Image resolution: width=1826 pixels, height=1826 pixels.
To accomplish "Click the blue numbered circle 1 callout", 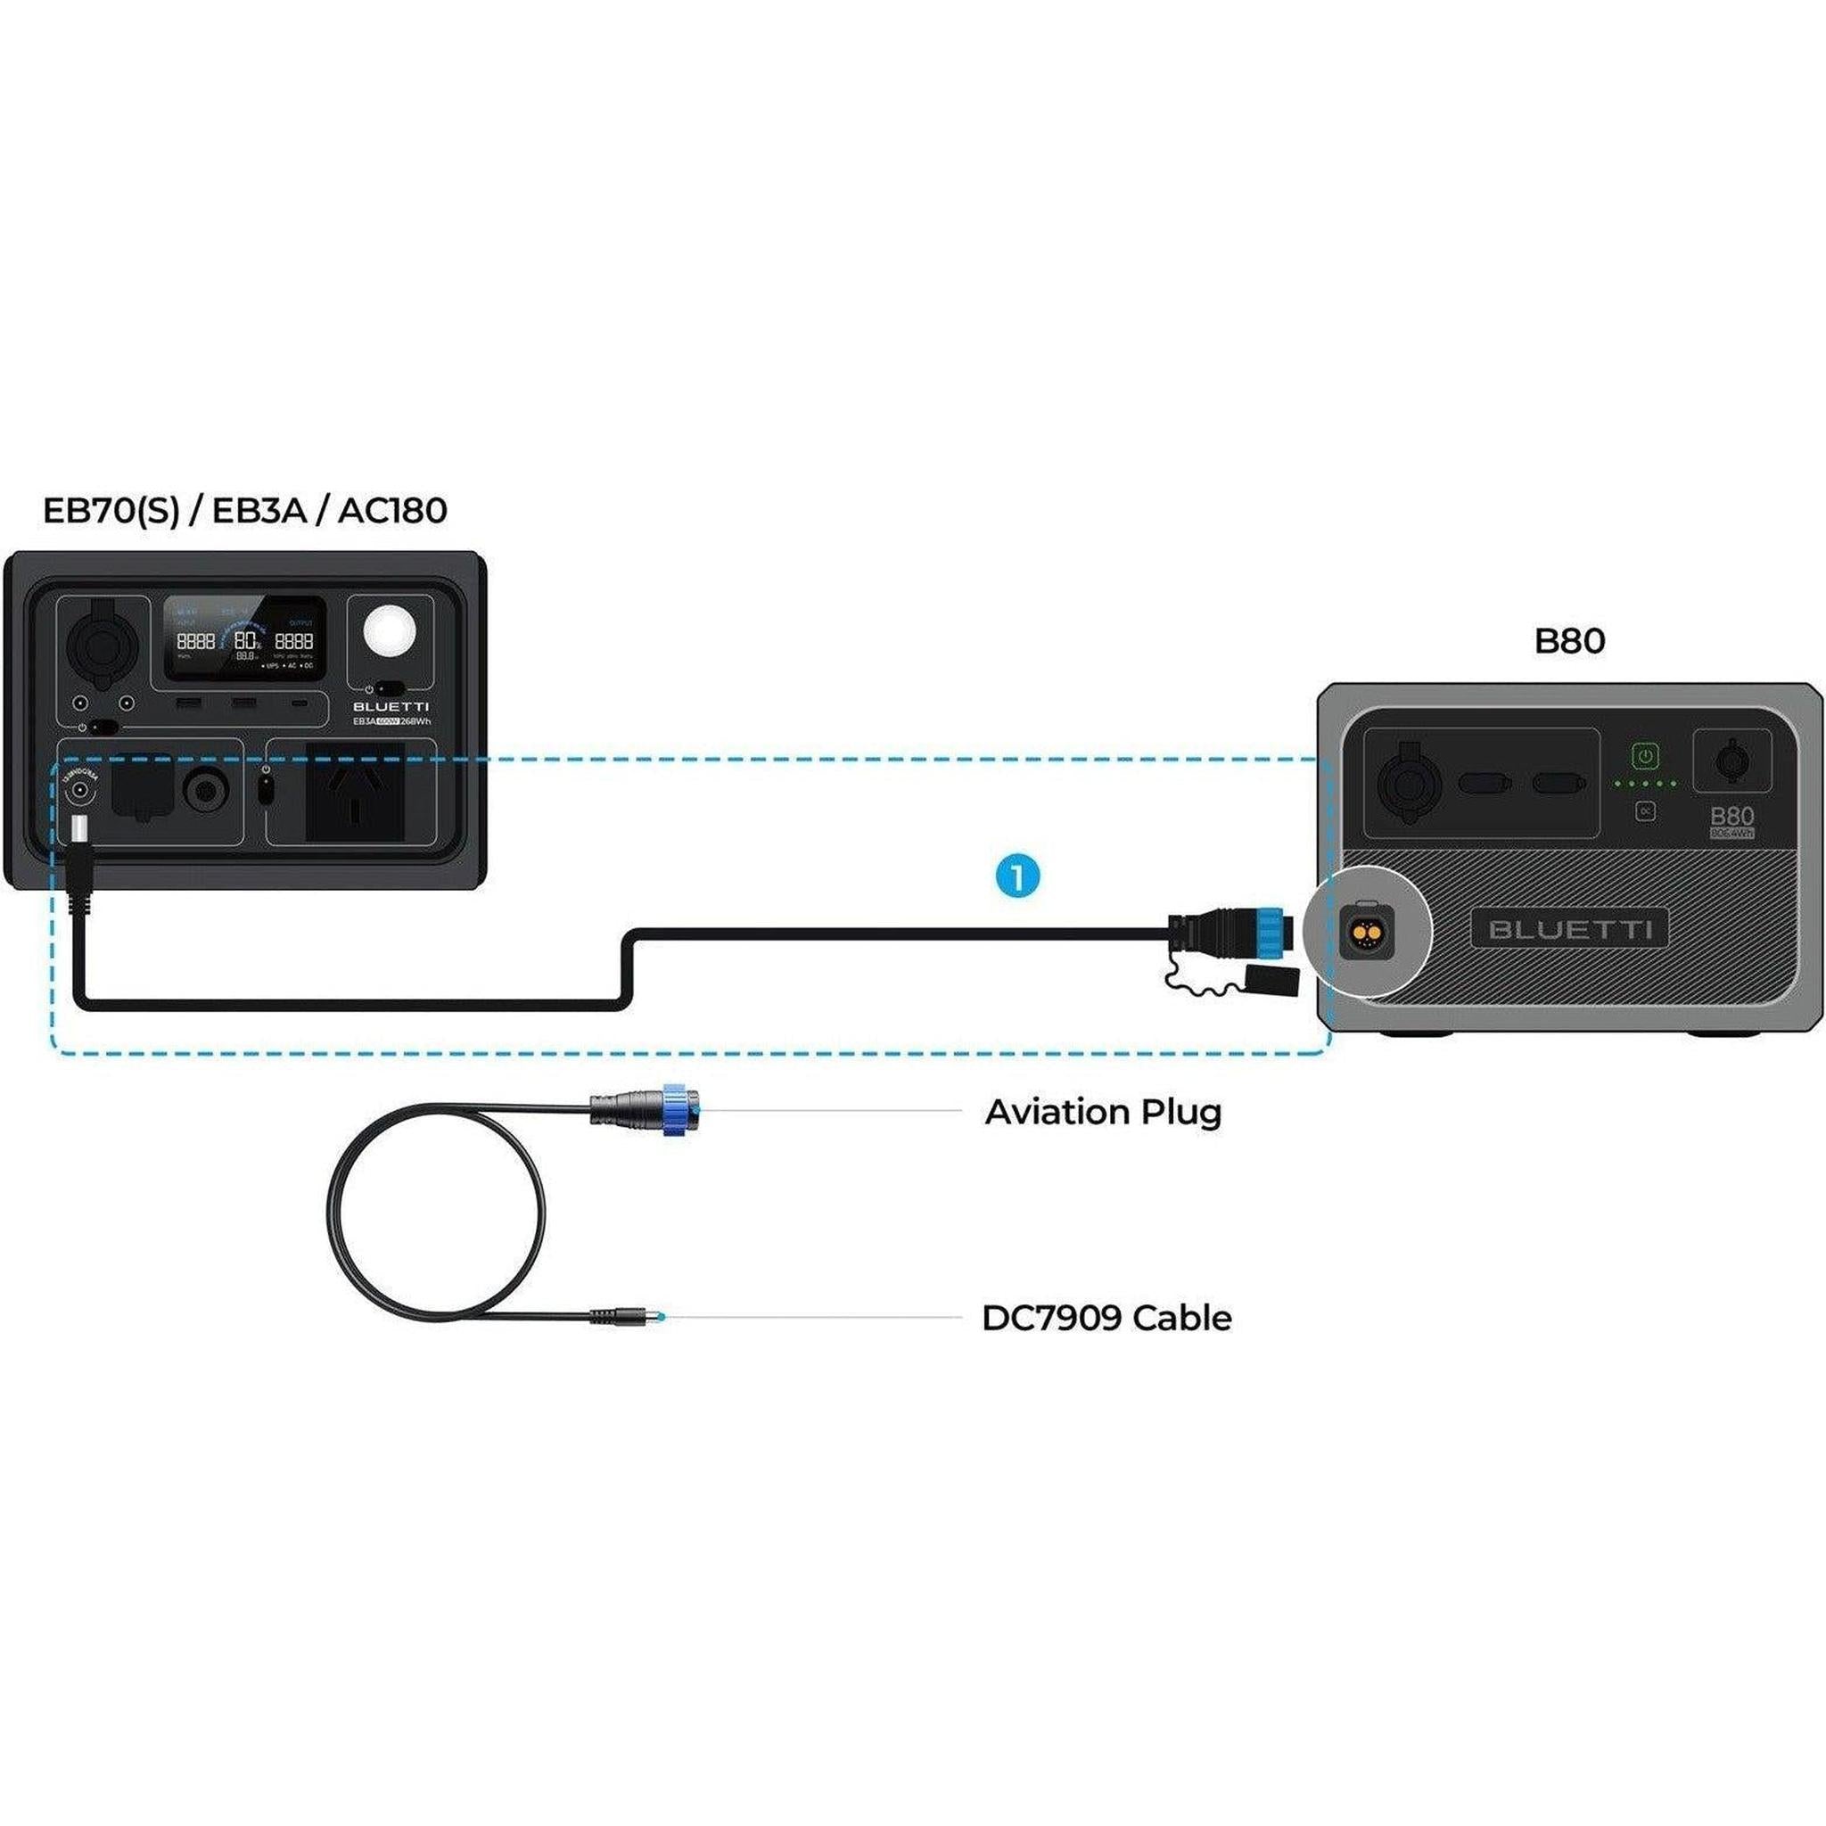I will [1017, 877].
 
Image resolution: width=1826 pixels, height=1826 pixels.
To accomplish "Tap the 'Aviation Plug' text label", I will [1102, 1112].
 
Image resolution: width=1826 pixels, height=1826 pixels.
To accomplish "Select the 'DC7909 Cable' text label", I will [1106, 1318].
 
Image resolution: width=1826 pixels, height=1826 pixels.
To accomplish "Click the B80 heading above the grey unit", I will [1569, 641].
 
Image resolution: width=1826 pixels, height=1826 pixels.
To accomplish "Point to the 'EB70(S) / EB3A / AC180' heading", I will [245, 510].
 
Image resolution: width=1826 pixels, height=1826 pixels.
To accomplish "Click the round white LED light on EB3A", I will [391, 631].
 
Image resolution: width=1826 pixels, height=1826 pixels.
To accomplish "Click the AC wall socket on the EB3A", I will [355, 792].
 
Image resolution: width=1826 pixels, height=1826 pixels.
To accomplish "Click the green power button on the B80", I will [1646, 757].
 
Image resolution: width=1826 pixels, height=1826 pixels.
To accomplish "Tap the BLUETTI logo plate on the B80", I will [1570, 929].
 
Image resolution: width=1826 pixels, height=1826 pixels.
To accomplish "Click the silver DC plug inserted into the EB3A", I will [80, 830].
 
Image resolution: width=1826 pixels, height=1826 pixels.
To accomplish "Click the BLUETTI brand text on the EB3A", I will [391, 706].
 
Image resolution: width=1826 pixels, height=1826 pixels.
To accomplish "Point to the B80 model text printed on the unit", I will [1731, 816].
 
